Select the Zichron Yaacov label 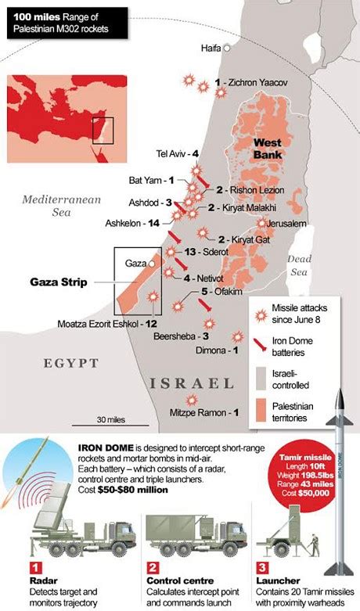click(x=250, y=82)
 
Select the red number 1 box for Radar click(x=34, y=566)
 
